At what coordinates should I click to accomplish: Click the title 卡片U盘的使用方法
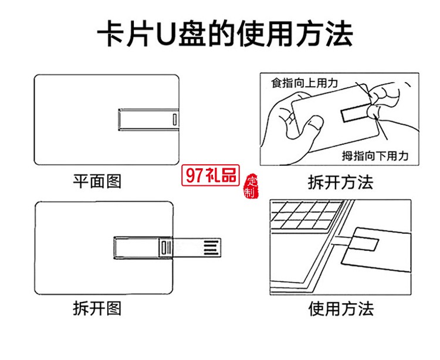click(x=225, y=34)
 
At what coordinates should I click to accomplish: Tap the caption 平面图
click(x=97, y=181)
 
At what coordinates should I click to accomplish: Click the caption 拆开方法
click(x=340, y=182)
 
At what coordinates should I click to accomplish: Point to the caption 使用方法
click(x=341, y=308)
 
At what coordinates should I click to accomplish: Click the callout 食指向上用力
click(x=304, y=83)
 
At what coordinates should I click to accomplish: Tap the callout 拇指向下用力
click(x=375, y=155)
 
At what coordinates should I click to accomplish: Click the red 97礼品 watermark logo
click(x=209, y=175)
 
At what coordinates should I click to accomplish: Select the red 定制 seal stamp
click(x=251, y=186)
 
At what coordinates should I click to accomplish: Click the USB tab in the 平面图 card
click(x=147, y=120)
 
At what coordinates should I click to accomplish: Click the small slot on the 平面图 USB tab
click(x=174, y=120)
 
